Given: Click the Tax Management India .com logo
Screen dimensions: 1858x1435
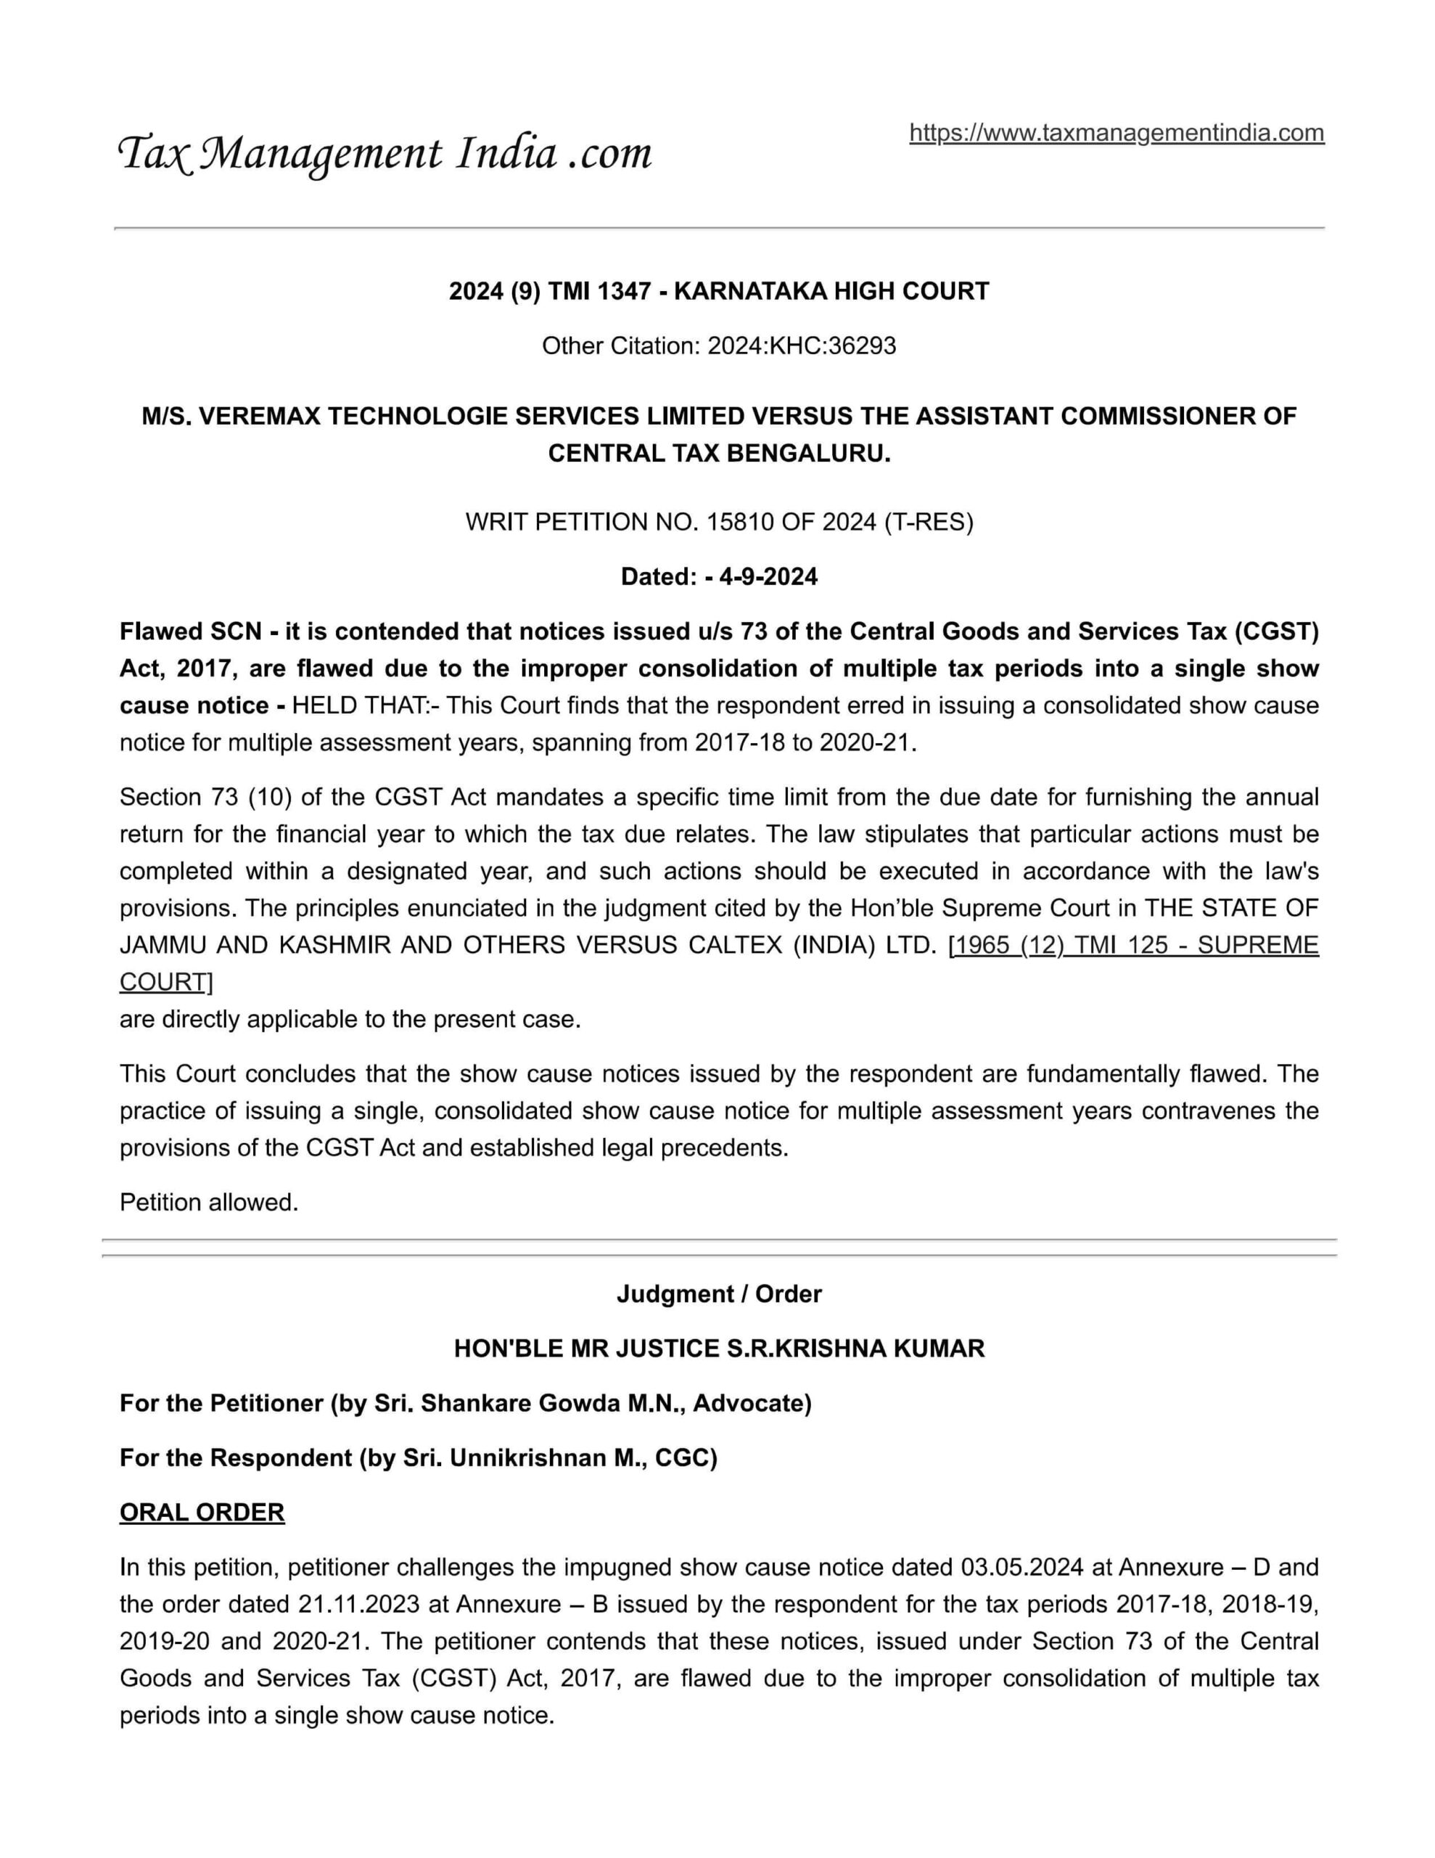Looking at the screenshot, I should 385,154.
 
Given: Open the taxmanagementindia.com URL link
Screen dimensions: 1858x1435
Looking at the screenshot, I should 1116,133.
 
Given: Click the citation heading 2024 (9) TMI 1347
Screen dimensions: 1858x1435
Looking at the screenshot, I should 553,292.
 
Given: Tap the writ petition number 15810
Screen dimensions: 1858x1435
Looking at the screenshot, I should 740,523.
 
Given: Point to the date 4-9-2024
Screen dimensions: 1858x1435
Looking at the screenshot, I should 768,577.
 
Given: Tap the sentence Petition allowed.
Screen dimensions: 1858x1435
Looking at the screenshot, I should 209,1202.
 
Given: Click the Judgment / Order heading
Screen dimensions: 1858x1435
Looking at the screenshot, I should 719,1294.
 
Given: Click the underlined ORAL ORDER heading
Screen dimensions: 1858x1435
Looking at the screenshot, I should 202,1512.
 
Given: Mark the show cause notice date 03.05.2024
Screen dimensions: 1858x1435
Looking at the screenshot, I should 1021,1567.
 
